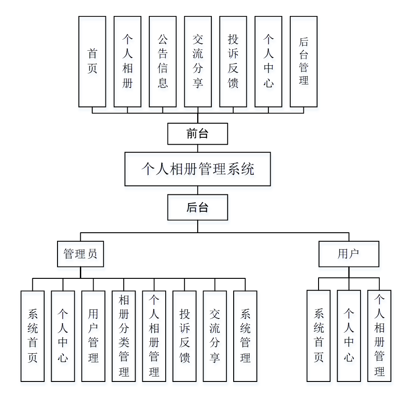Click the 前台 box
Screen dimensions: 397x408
(197, 134)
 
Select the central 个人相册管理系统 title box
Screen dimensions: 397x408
(197, 169)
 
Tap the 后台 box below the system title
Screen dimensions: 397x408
(197, 208)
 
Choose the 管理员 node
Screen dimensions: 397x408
(80, 254)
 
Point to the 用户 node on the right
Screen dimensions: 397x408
(349, 254)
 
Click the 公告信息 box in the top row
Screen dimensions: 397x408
(162, 62)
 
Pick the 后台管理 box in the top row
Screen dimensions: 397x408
(303, 62)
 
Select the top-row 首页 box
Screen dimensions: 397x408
(92, 62)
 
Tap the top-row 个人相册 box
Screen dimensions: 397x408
(127, 62)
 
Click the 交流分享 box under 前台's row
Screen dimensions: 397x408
(198, 62)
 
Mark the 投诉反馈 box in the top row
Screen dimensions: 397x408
(233, 62)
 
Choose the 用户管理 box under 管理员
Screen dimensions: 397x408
(93, 336)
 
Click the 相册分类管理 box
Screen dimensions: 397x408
(124, 336)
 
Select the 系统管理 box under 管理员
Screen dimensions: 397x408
(245, 336)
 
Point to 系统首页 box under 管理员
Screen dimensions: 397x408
(32, 336)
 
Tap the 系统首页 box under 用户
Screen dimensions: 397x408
(319, 336)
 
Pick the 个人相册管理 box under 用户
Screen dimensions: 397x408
(379, 336)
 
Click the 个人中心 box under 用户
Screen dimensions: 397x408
(349, 336)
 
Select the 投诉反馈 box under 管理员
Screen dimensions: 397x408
(184, 336)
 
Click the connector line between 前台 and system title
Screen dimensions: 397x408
(198, 148)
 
